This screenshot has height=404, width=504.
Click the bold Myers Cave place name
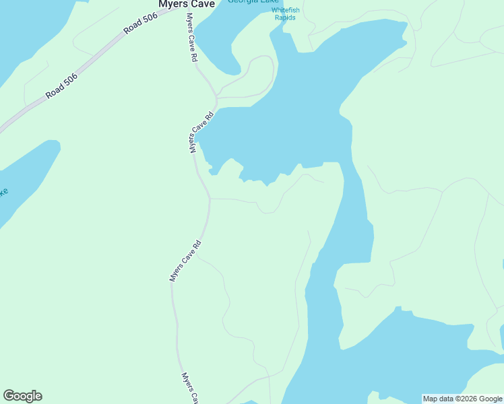click(x=186, y=4)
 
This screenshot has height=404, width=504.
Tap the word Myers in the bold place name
click(x=173, y=4)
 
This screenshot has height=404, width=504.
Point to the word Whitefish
click(x=286, y=10)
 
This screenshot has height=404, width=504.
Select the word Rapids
click(x=285, y=18)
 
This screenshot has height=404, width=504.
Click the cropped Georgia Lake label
click(x=253, y=2)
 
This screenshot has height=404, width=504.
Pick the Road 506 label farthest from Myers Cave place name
click(x=62, y=86)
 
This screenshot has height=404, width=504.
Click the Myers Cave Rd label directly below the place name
click(x=192, y=38)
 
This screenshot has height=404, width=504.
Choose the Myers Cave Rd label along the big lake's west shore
click(x=201, y=132)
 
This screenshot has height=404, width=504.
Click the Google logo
click(x=23, y=396)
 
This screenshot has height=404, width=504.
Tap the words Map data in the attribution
click(x=439, y=399)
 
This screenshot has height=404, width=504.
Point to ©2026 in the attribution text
click(x=467, y=399)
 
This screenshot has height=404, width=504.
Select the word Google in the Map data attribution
click(x=491, y=399)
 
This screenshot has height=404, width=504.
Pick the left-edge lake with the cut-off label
click(x=27, y=175)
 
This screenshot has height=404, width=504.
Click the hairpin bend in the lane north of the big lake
click(x=268, y=59)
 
